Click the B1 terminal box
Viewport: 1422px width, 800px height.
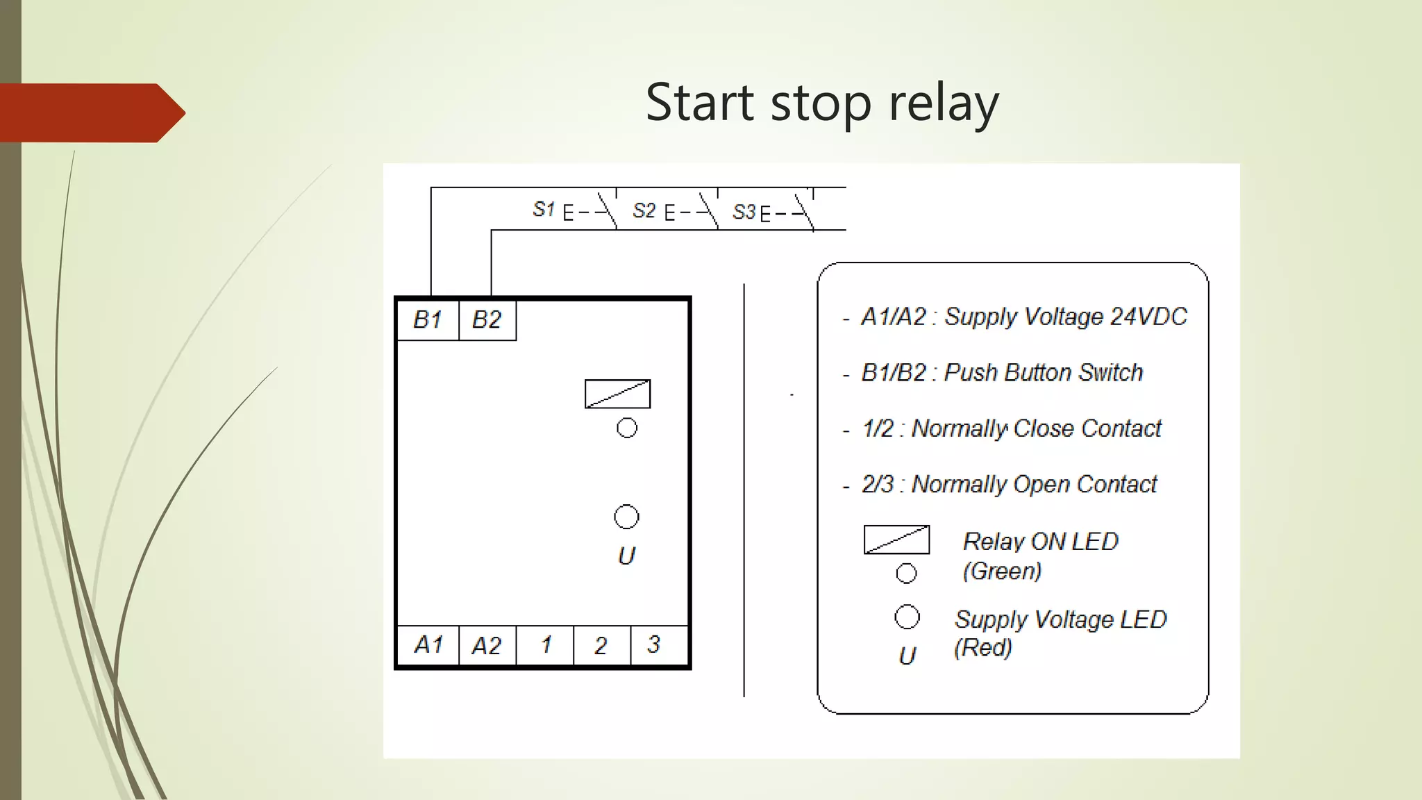click(x=427, y=320)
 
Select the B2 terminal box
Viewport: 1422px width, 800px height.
click(x=487, y=320)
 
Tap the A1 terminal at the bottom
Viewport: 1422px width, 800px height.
click(x=428, y=645)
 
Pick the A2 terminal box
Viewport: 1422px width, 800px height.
click(x=487, y=646)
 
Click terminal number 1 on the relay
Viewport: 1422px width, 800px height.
click(x=546, y=645)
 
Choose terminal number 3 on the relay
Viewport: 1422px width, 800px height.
click(x=653, y=644)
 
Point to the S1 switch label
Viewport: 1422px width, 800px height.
click(x=544, y=209)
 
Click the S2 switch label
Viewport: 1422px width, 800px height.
click(x=644, y=210)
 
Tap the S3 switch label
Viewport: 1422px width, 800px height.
click(x=744, y=212)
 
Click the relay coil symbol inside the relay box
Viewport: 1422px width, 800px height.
click(x=617, y=394)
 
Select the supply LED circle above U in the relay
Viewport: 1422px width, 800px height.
click(x=626, y=517)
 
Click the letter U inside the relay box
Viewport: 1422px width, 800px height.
click(x=626, y=556)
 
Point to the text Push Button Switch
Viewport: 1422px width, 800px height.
click(x=1043, y=373)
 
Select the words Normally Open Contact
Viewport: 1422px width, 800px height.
click(x=1034, y=484)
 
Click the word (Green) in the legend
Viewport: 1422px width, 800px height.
click(x=1002, y=571)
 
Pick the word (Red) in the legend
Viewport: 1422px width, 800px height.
click(x=982, y=647)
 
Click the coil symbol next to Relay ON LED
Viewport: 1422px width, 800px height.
click(x=896, y=540)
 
